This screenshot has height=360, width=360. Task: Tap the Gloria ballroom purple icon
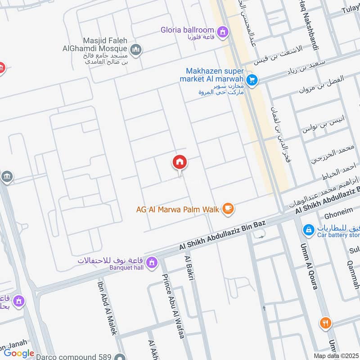[222, 32]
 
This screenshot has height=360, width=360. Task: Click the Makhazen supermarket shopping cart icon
[252, 80]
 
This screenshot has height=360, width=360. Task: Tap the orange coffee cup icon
[229, 208]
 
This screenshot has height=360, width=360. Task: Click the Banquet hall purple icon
[152, 261]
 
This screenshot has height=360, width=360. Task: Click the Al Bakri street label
[189, 269]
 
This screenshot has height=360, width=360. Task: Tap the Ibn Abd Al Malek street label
[108, 306]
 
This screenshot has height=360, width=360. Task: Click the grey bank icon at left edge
[6, 176]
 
